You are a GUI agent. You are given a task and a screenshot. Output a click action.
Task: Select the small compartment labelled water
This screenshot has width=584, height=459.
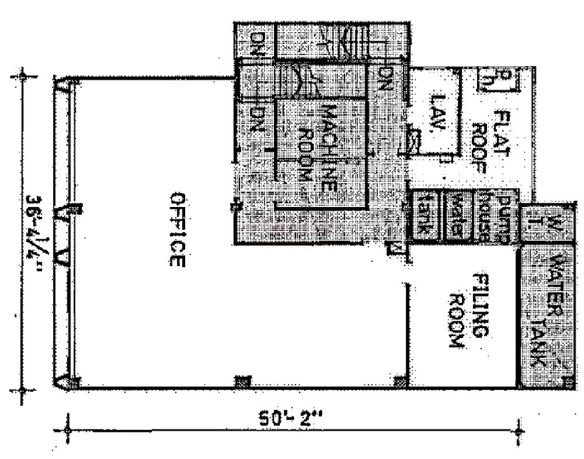pyautogui.click(x=458, y=216)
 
